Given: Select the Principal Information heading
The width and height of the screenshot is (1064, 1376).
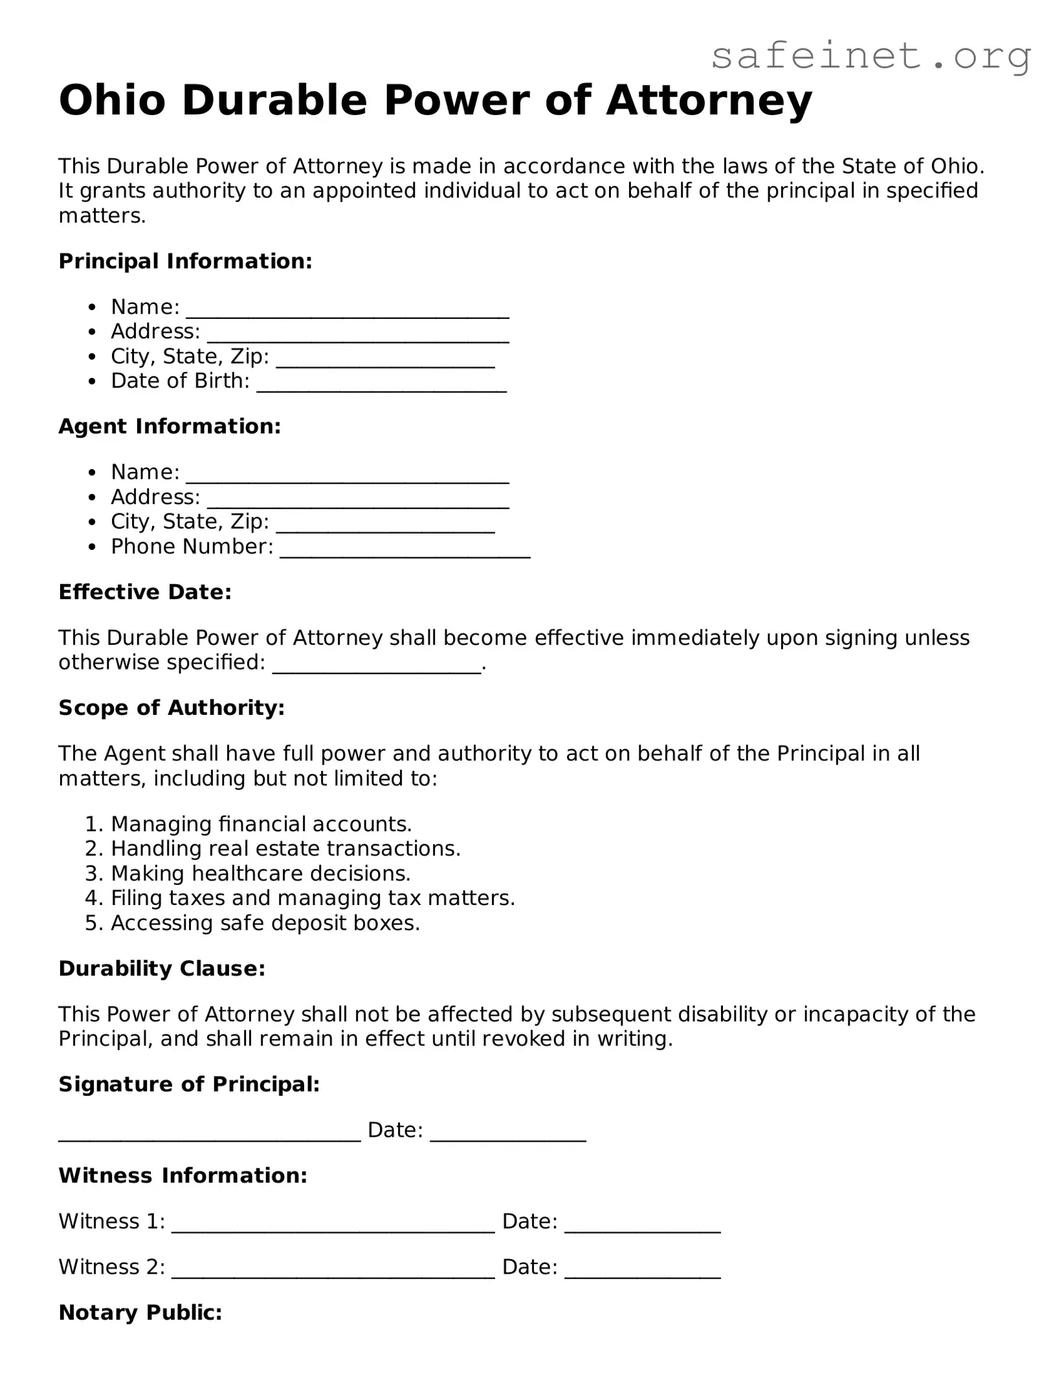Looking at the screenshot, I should (x=185, y=261).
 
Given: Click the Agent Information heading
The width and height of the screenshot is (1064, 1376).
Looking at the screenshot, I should (x=170, y=426).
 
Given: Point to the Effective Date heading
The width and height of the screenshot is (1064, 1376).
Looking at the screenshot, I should (x=145, y=592).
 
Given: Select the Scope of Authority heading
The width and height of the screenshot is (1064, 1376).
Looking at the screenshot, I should (x=172, y=708).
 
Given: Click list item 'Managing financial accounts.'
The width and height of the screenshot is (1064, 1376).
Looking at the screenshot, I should (x=261, y=824).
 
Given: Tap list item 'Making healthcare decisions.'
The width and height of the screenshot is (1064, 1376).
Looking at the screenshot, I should (x=261, y=873).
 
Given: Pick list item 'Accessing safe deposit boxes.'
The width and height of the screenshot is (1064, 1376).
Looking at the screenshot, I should (x=265, y=923).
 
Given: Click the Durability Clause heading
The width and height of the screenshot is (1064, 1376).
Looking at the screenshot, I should (x=162, y=968).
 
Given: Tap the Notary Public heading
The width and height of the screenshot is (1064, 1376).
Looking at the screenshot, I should (x=140, y=1312).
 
